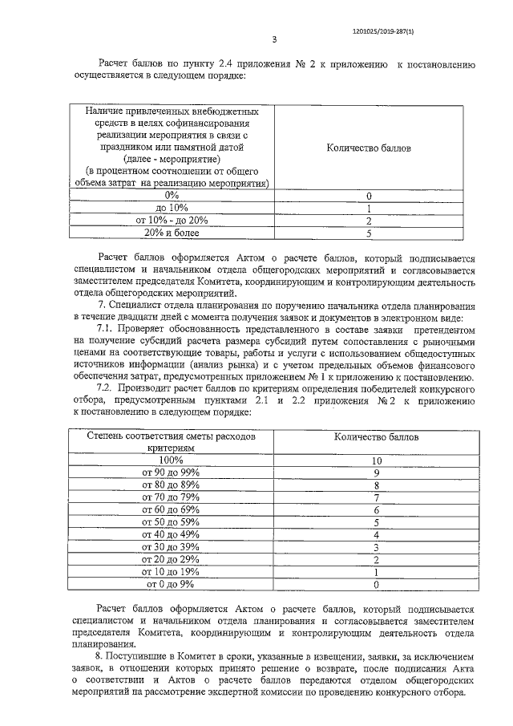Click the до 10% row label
point(171,208)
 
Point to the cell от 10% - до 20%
point(171,220)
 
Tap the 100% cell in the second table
point(171,460)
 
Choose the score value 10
point(375,460)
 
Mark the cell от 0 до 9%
point(171,585)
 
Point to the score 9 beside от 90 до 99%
point(375,473)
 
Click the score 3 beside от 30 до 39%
point(375,547)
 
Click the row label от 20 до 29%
point(171,560)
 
